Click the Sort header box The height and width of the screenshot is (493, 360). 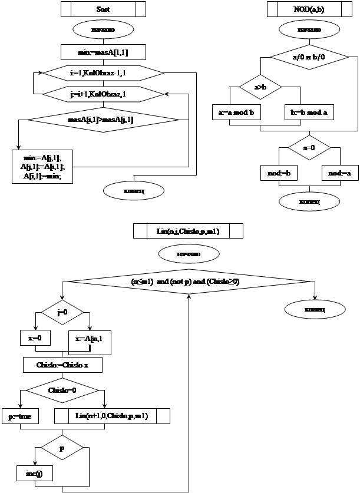coord(103,10)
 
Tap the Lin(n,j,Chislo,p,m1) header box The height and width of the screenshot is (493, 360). coord(188,231)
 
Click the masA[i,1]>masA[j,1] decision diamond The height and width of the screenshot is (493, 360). coord(104,120)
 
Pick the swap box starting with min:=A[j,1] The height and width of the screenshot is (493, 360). coord(42,167)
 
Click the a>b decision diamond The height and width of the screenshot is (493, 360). coord(260,87)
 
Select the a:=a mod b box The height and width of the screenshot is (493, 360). coord(236,112)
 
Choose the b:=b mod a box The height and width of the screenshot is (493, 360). coord(309,112)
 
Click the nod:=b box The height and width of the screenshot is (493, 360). coord(279,173)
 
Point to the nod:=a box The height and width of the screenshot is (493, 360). coord(341,173)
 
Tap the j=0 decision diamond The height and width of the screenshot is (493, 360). coord(62,312)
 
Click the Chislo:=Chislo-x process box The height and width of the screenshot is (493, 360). coord(63,365)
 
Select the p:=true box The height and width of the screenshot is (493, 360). coord(20,416)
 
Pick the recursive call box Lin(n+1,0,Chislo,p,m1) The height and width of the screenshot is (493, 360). coord(112,416)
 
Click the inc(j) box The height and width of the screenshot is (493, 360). coord(35,473)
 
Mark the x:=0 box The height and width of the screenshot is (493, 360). coord(35,338)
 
